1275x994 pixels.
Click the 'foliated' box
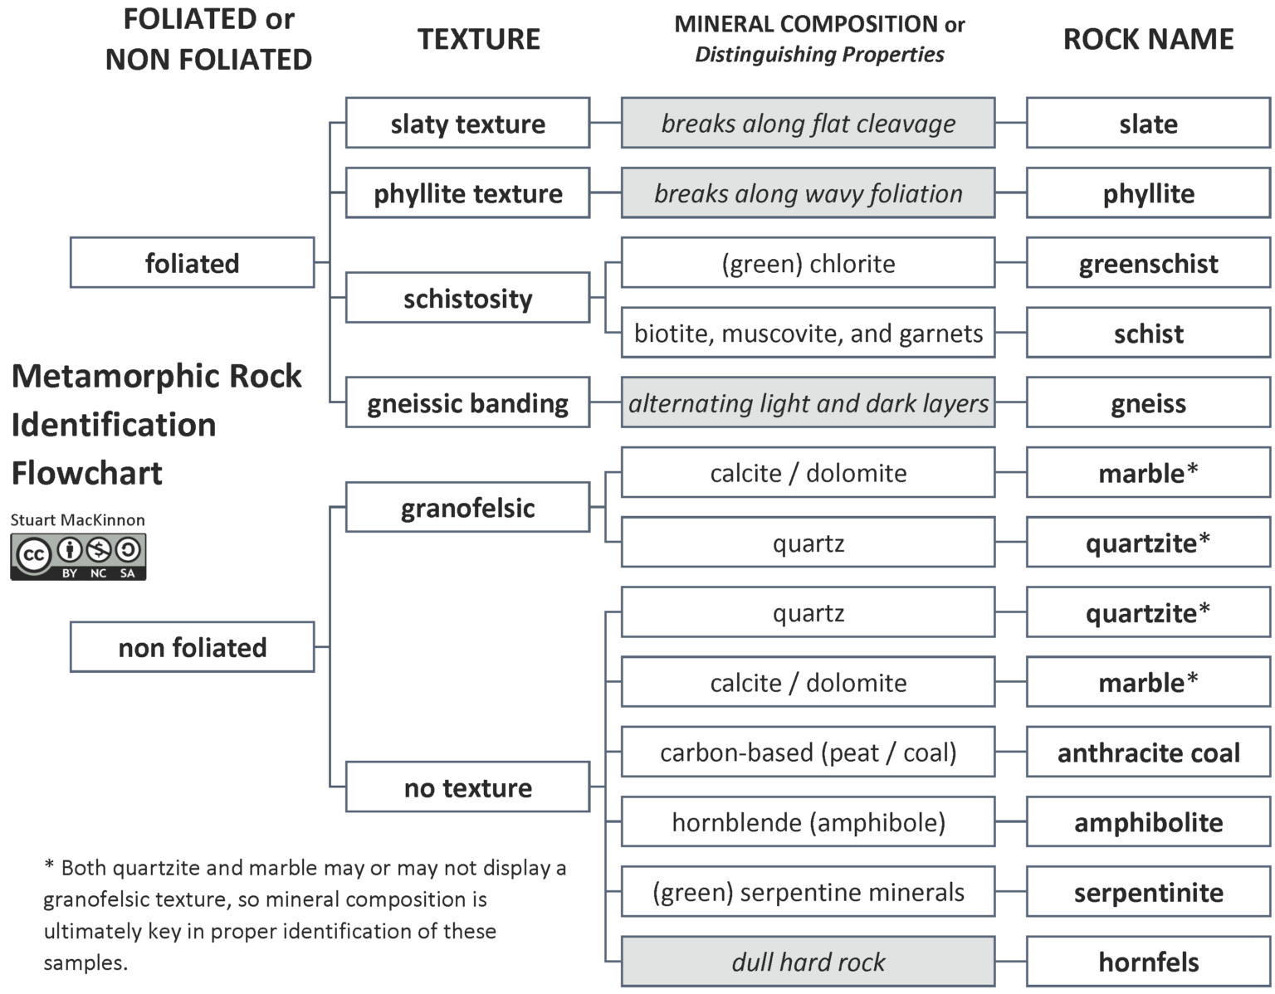point(192,263)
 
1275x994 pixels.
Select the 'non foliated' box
point(192,647)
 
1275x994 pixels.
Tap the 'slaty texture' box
point(467,124)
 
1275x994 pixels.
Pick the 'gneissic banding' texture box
point(467,403)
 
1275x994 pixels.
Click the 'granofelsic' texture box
point(467,508)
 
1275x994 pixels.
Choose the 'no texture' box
point(467,787)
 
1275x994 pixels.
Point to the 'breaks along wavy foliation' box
point(808,193)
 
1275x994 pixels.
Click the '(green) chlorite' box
point(808,263)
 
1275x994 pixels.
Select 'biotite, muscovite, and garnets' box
point(808,334)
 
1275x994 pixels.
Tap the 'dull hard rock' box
point(808,962)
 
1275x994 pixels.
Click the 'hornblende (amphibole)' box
point(808,822)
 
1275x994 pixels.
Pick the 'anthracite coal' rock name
point(1148,753)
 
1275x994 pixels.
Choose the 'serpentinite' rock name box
point(1148,892)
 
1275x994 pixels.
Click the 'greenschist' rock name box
point(1148,263)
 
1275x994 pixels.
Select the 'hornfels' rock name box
point(1148,962)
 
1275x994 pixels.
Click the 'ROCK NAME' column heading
point(1148,39)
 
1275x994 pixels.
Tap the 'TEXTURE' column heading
point(478,39)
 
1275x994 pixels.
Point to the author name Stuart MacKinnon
point(77,520)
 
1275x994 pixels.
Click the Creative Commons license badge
point(78,557)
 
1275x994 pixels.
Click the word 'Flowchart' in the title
point(87,473)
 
